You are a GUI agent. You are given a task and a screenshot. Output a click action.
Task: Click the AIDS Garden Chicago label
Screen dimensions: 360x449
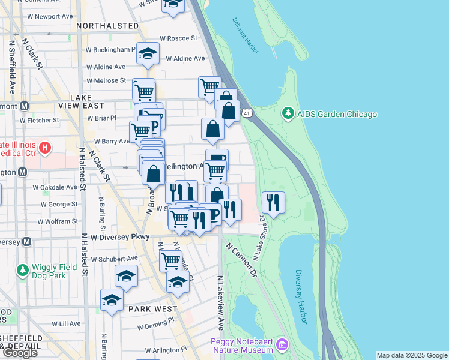(337, 114)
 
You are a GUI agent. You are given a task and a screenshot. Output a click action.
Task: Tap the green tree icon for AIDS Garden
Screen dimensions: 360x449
(288, 113)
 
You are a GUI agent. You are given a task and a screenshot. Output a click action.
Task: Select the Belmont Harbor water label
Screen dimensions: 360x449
(245, 35)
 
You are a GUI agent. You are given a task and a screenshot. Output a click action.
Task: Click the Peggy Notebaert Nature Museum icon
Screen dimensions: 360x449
(282, 346)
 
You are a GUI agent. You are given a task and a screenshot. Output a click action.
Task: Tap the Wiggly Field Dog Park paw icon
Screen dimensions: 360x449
(23, 271)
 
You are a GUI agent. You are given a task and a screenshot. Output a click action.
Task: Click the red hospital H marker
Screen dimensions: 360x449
(44, 147)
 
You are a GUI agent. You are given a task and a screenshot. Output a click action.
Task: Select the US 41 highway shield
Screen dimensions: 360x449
(247, 112)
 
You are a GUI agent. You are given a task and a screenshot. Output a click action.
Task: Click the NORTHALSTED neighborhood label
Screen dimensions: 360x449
(108, 26)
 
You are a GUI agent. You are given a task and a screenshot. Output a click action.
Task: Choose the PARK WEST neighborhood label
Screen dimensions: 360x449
(152, 308)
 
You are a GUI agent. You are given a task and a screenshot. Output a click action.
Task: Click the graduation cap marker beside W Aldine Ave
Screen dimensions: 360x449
(148, 54)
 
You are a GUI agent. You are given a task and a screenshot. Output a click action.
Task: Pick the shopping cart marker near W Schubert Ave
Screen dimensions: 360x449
(171, 260)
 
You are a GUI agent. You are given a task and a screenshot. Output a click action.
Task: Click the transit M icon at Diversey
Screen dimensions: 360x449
(26, 242)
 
